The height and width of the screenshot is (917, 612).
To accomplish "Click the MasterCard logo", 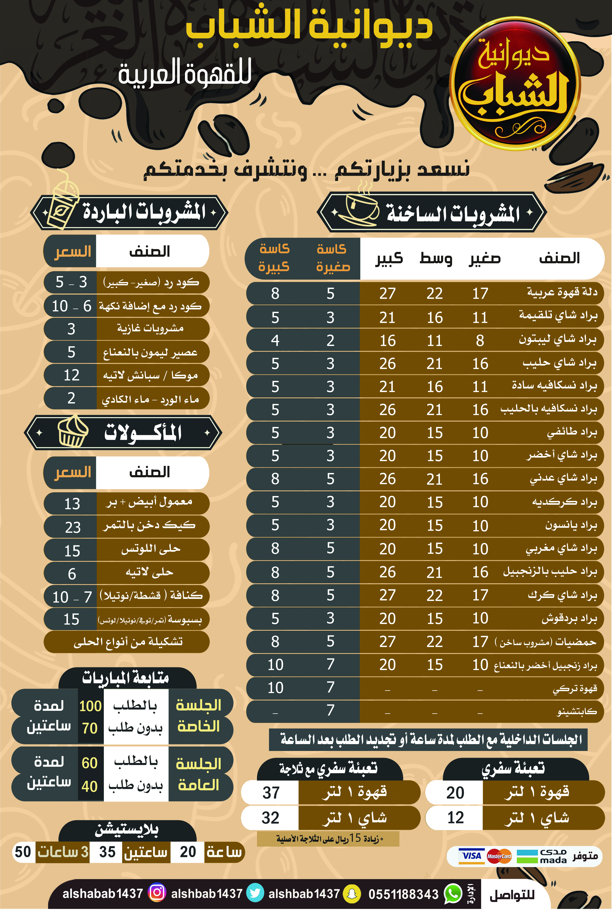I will [x=499, y=856].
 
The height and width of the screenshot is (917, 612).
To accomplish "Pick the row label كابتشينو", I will [x=576, y=712].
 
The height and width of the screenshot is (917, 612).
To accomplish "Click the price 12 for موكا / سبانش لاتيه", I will [x=71, y=375].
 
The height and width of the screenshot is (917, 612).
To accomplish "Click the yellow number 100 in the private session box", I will [x=90, y=706].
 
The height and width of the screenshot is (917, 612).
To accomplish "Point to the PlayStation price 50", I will [x=23, y=852].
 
